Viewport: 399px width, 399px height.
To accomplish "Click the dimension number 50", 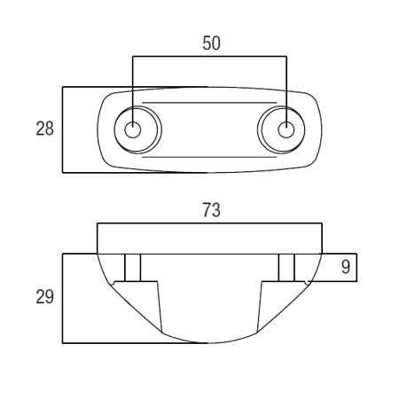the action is click(211, 43).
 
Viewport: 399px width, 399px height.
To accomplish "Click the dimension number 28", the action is click(44, 129).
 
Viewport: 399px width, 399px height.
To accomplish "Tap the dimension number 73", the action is click(211, 210).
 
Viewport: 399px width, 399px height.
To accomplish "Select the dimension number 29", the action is click(44, 297).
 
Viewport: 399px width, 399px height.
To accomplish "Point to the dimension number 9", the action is click(346, 267).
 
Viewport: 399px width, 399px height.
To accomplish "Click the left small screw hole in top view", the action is click(133, 130).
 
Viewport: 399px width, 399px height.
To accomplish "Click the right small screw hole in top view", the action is click(286, 129).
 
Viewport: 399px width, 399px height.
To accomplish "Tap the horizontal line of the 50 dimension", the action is click(209, 56).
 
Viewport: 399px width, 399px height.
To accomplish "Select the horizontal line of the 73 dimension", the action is click(209, 223).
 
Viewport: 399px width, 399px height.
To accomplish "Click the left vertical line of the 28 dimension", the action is click(63, 129).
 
